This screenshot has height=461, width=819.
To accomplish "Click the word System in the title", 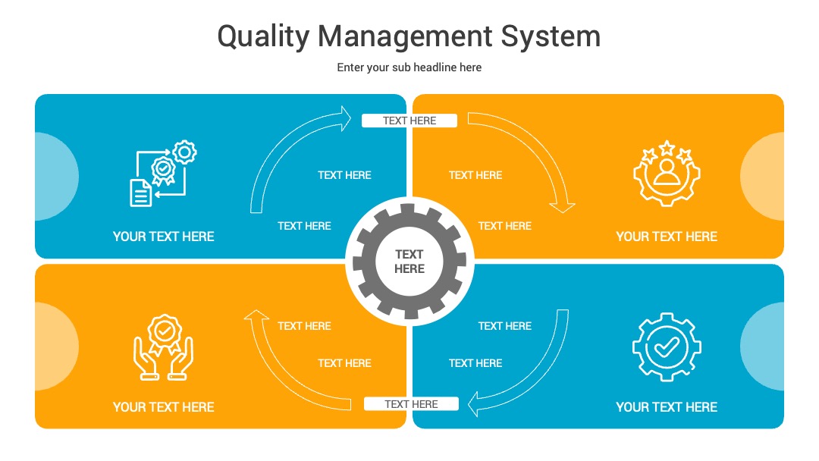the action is coord(551,36).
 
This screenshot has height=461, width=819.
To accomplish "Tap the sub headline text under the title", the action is coord(409,67).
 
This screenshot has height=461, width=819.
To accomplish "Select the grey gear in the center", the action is coord(409,261).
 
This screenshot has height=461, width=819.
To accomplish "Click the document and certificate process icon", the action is coord(163,174).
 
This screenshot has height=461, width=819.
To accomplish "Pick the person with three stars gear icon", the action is coord(667,174).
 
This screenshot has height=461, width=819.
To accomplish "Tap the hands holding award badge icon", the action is coord(164,347).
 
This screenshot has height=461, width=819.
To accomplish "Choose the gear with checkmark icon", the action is coord(667,347).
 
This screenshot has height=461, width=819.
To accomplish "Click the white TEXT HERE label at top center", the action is coord(409,121).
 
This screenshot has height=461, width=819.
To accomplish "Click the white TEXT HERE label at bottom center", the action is coord(411,404).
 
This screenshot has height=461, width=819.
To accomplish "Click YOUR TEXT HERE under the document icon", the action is coord(164,237).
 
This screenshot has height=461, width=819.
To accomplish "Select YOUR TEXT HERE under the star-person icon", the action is coord(667,237).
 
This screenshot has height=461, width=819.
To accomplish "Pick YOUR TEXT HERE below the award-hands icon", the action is coord(164,407).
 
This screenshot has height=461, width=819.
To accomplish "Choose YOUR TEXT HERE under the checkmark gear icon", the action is coord(667,407).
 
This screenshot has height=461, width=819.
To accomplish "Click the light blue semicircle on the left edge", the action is coord(55,177).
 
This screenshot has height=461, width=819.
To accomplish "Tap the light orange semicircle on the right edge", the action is coord(764,177).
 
